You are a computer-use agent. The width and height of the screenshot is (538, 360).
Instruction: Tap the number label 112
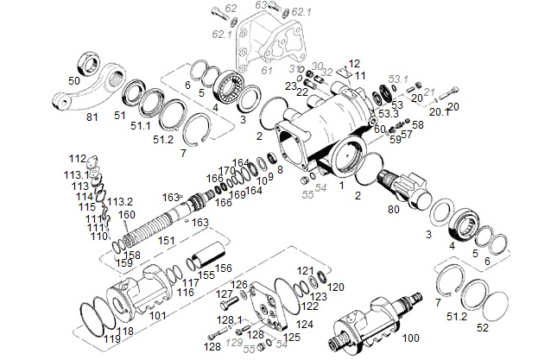tap(77, 159)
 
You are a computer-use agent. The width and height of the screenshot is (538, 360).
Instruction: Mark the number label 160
tap(128, 215)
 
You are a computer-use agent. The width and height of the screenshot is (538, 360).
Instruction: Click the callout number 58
tap(419, 124)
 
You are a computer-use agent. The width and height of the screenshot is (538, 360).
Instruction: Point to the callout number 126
tap(239, 285)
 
